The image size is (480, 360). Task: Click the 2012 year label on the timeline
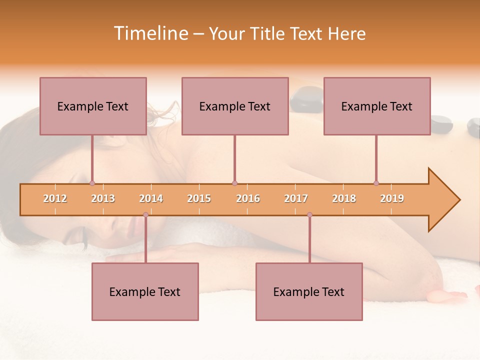(55, 198)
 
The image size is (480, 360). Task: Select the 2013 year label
(103, 198)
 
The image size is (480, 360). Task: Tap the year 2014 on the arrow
(151, 198)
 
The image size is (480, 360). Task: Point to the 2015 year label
(199, 198)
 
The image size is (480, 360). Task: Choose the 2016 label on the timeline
(248, 198)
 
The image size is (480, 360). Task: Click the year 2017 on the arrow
(296, 198)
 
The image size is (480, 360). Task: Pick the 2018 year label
(344, 198)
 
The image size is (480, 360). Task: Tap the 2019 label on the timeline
(392, 198)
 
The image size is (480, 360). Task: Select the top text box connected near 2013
(93, 106)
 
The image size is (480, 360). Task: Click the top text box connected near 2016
(235, 106)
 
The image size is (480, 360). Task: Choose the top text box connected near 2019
(377, 106)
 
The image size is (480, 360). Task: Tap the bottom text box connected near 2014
(145, 291)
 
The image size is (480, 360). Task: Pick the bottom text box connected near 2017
(309, 291)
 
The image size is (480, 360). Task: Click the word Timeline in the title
(150, 33)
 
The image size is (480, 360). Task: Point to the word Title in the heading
(269, 33)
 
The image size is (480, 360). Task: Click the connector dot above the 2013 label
(92, 183)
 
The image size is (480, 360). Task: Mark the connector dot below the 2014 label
(145, 214)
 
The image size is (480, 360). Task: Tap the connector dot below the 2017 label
(309, 214)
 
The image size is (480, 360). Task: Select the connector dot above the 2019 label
(376, 183)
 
